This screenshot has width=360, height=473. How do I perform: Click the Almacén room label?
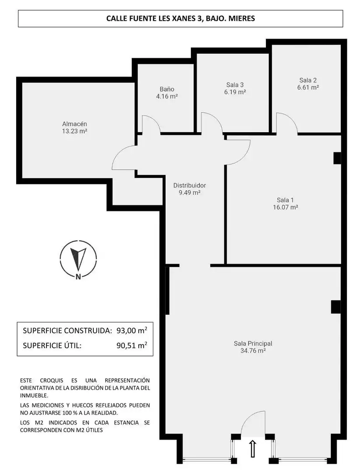(74, 124)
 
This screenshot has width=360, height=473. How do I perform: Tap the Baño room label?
(167, 89)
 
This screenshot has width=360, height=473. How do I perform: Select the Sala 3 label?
(235, 85)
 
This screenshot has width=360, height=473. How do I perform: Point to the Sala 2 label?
(308, 80)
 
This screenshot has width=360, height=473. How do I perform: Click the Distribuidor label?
(190, 185)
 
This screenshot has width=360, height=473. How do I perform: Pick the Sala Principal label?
(253, 343)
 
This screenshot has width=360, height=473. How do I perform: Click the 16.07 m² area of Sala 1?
(286, 207)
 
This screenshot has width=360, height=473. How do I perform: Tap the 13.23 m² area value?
(74, 131)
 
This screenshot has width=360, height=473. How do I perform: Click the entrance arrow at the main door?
(253, 448)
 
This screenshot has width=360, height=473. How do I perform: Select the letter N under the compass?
(78, 277)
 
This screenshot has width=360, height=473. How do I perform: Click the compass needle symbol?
(78, 258)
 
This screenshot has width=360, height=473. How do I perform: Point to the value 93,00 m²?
(132, 330)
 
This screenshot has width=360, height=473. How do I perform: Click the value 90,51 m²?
(132, 345)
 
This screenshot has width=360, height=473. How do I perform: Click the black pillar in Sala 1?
(337, 158)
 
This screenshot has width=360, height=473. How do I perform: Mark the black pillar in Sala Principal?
(336, 307)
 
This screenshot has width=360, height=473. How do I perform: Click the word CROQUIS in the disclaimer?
(52, 381)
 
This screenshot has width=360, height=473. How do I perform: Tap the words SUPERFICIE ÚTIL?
(52, 346)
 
